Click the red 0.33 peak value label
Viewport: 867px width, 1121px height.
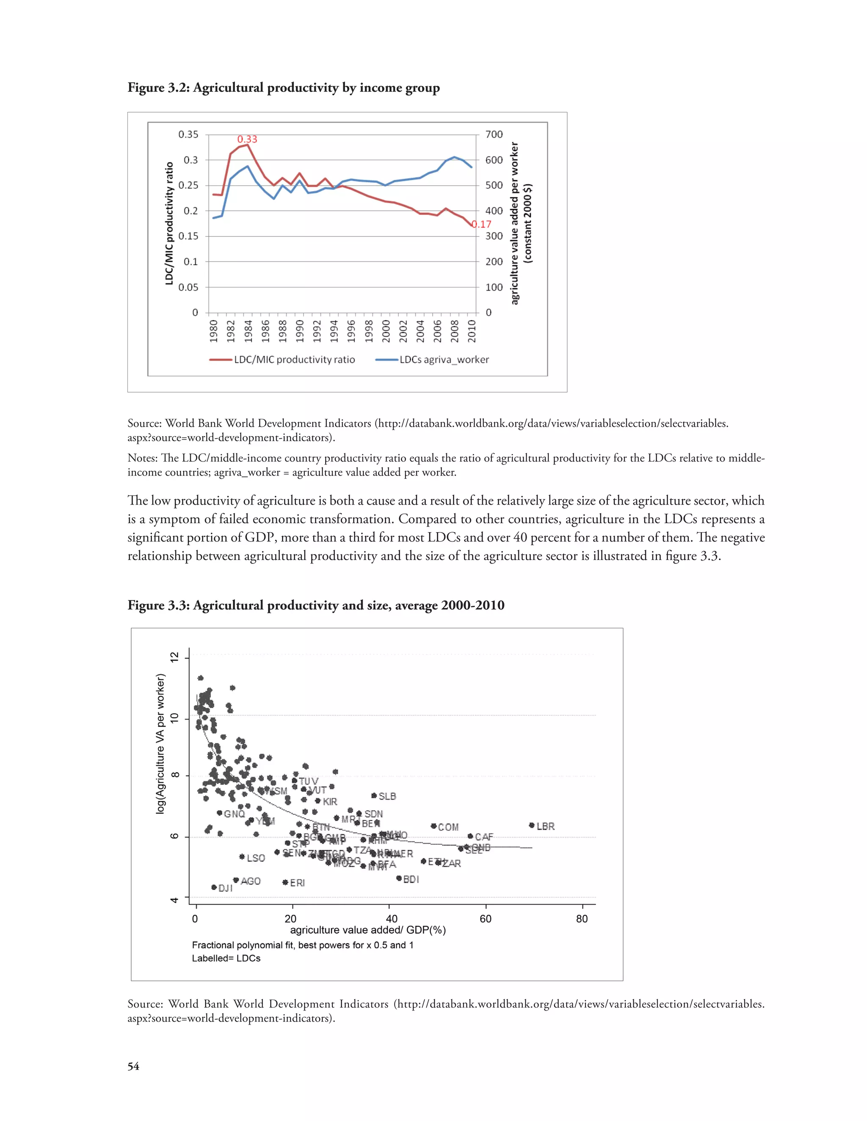[247, 139]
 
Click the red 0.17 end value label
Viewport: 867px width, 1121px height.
[482, 224]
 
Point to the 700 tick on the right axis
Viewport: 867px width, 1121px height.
[494, 135]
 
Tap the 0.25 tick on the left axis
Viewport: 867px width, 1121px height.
[188, 185]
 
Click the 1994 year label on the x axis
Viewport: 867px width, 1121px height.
[334, 331]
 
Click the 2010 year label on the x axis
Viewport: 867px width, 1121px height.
[472, 331]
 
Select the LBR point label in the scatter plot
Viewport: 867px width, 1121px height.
[545, 827]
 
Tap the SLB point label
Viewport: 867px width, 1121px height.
[387, 796]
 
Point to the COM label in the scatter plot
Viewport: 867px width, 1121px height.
[448, 827]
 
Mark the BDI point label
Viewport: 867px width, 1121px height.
[411, 879]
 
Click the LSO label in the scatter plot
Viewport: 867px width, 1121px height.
[256, 858]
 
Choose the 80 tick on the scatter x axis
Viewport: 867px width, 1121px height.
[581, 919]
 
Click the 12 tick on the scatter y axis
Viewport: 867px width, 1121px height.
[175, 657]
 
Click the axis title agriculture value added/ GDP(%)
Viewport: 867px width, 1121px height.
[368, 930]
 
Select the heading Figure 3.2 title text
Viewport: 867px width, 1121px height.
[284, 88]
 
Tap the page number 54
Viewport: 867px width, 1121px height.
[133, 1066]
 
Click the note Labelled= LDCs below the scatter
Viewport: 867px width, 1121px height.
[226, 958]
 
